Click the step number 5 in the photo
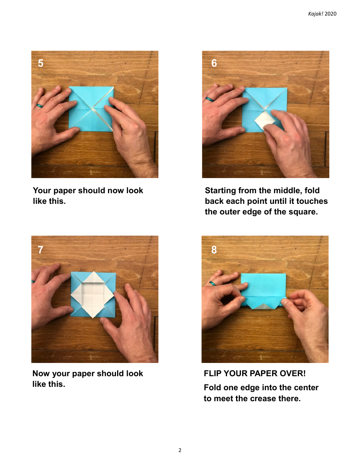(x=41, y=63)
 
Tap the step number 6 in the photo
(x=214, y=63)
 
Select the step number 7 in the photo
(x=41, y=250)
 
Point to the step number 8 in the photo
(x=214, y=250)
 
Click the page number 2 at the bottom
(x=180, y=450)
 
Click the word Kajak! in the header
(x=316, y=14)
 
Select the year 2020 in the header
(x=330, y=14)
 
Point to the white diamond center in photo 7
(x=92, y=294)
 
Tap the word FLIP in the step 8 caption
(x=213, y=374)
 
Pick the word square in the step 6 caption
(x=303, y=212)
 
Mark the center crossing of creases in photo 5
(x=92, y=109)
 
